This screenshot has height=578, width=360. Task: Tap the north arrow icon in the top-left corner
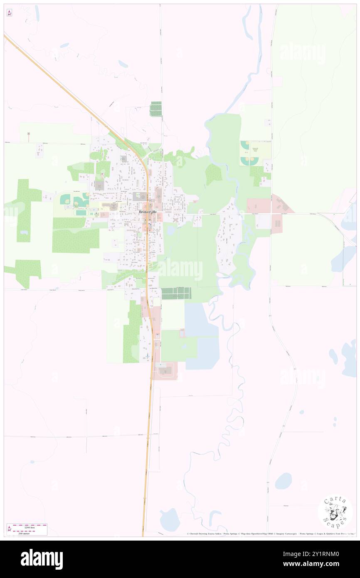click(x=9, y=12)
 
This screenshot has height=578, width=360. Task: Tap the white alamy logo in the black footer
click(x=42, y=559)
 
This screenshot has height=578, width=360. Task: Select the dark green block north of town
click(x=155, y=109)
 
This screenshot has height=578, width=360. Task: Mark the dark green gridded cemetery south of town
click(x=176, y=293)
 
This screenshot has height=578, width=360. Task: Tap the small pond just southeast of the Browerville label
click(x=171, y=230)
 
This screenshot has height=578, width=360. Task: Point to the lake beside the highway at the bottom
click(x=170, y=520)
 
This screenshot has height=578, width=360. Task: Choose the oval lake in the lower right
click(x=283, y=481)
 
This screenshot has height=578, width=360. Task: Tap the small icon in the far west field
click(x=29, y=134)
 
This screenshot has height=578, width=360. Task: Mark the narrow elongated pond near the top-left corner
click(x=37, y=15)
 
